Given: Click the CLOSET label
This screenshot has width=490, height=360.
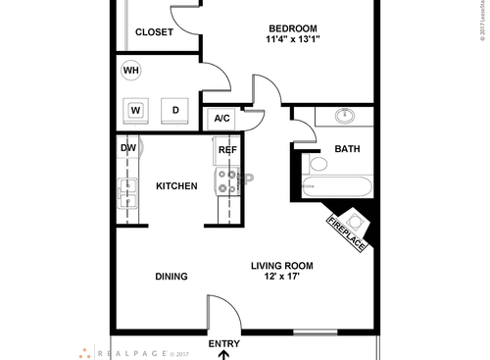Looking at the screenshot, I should click(154, 32).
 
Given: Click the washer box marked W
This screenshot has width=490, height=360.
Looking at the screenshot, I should click(136, 110).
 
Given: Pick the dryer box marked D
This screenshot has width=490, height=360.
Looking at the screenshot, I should click(175, 110).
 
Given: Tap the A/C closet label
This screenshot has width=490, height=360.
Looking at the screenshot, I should click(221, 120).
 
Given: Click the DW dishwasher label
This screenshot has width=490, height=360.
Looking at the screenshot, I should click(128, 149).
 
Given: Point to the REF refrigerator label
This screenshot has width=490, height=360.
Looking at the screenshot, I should click(227, 150).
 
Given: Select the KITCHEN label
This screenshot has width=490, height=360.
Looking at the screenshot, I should click(176, 186).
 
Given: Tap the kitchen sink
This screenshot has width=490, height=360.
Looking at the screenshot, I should click(127, 192).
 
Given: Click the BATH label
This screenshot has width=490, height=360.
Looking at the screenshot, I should click(348, 149).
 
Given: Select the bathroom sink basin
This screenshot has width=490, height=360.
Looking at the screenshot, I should click(345, 116).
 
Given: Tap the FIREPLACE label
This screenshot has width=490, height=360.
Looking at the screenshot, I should click(347, 231).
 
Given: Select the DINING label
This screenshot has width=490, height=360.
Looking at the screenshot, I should click(171, 277).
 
